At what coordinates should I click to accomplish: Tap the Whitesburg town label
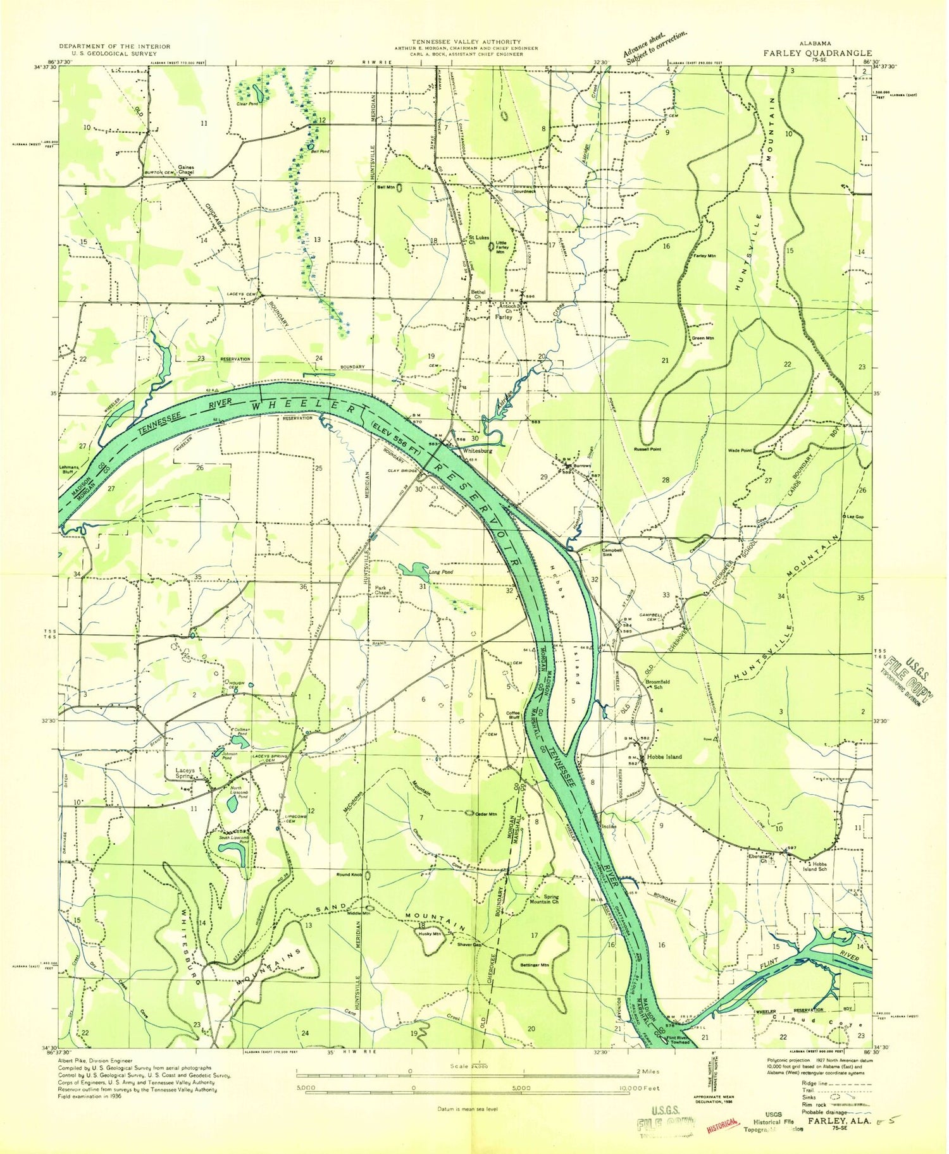click(x=477, y=451)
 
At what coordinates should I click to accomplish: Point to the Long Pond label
click(x=441, y=572)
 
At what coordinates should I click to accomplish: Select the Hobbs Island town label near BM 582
click(x=664, y=757)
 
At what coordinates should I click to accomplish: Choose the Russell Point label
click(x=647, y=449)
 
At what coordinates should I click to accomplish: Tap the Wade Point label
click(x=741, y=450)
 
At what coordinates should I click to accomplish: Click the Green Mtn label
click(x=703, y=338)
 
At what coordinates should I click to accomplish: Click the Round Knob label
click(x=349, y=875)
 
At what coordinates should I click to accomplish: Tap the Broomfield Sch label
click(x=657, y=684)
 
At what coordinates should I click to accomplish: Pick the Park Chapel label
click(x=381, y=590)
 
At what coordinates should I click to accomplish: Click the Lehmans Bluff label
click(x=68, y=470)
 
